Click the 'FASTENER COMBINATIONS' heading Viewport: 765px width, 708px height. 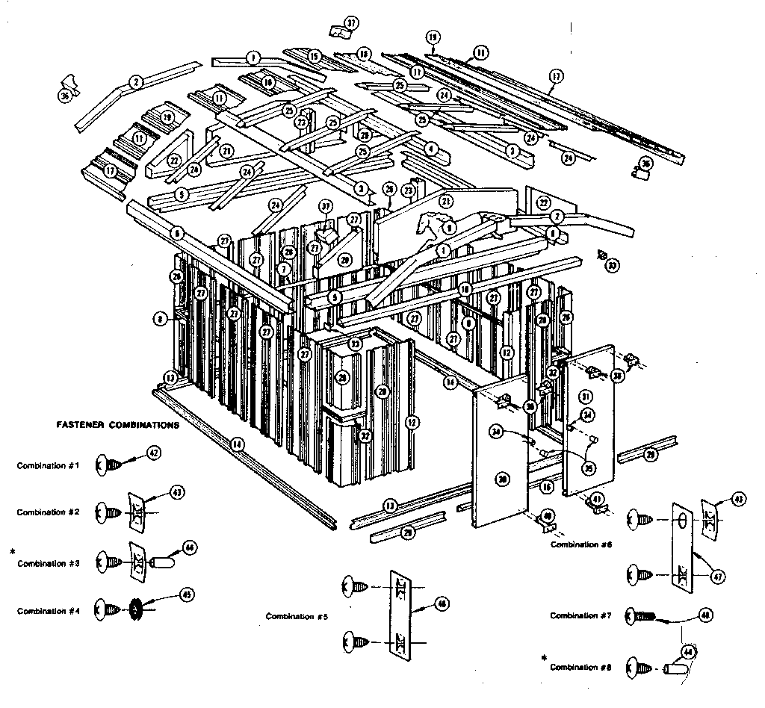click(117, 425)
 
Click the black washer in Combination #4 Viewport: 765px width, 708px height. click(136, 610)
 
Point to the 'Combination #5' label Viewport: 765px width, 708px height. click(297, 616)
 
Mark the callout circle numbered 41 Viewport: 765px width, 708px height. click(597, 498)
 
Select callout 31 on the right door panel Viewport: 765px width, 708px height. click(586, 396)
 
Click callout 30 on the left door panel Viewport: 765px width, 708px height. click(503, 479)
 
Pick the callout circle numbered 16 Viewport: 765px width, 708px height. click(547, 487)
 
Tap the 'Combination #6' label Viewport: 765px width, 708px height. click(581, 544)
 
